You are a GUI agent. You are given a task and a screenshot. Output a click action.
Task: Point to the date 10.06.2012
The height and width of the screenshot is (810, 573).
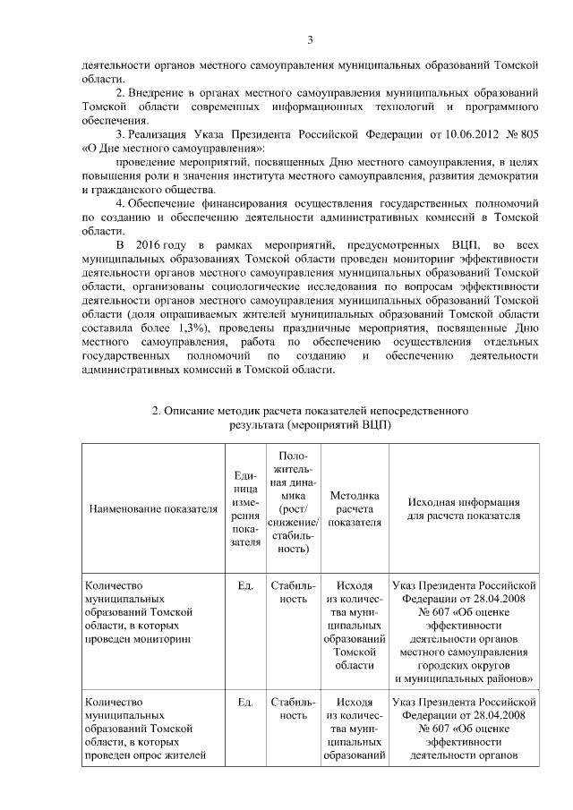pyautogui.click(x=460, y=133)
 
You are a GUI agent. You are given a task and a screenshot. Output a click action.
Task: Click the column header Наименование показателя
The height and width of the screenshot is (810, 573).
pyautogui.click(x=153, y=508)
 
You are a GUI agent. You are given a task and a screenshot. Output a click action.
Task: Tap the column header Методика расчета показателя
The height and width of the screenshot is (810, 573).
pyautogui.click(x=355, y=508)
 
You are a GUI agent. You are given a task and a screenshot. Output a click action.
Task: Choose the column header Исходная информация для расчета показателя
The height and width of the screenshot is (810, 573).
pyautogui.click(x=464, y=508)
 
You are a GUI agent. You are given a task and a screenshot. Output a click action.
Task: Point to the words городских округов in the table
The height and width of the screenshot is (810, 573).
pyautogui.click(x=464, y=666)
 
